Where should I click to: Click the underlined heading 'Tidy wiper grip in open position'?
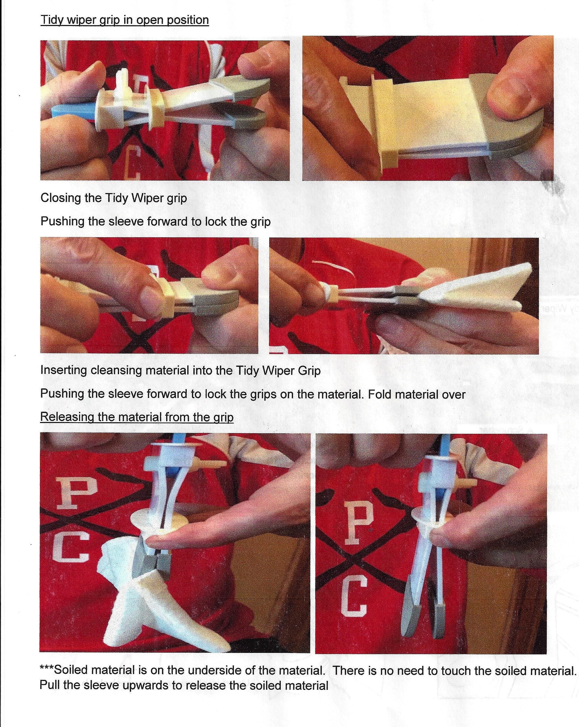click(x=124, y=20)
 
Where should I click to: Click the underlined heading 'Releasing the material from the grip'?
click(x=137, y=417)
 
